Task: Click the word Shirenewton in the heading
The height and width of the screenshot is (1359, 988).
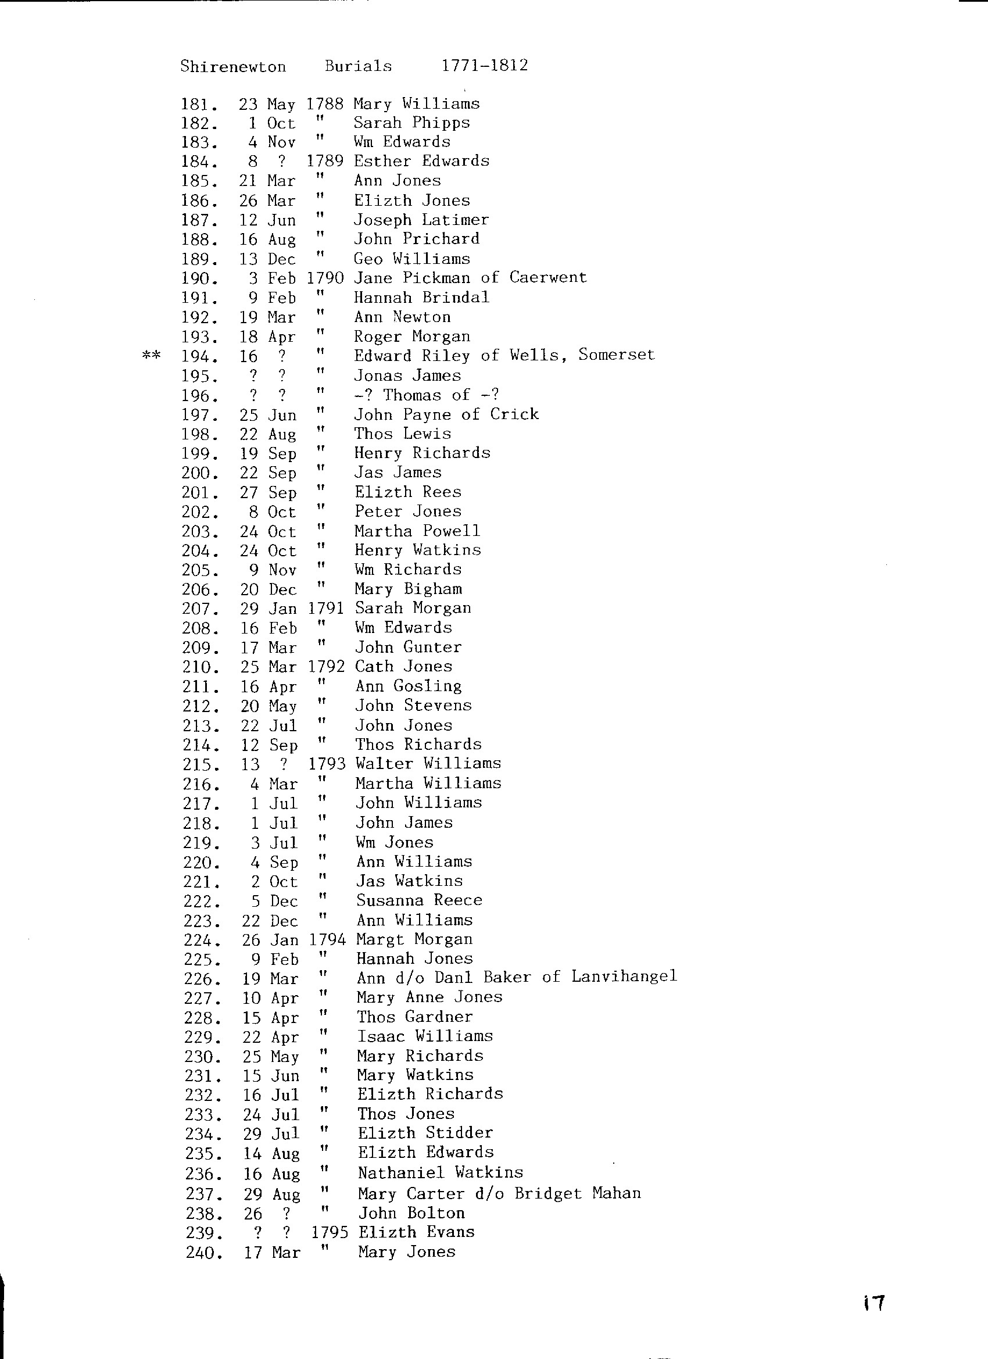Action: (x=233, y=66)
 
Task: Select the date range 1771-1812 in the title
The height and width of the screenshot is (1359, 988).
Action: (x=485, y=65)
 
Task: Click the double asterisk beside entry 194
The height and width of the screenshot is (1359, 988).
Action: (x=151, y=355)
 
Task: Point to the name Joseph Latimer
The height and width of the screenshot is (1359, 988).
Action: (x=421, y=220)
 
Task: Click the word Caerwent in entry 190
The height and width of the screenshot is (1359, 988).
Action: (x=548, y=277)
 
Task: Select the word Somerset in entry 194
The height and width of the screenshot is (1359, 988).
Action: (x=617, y=355)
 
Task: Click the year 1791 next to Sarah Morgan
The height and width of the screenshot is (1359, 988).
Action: (x=326, y=608)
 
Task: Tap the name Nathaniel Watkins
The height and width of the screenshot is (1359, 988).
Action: (x=441, y=1172)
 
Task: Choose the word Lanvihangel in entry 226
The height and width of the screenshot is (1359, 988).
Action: (x=624, y=977)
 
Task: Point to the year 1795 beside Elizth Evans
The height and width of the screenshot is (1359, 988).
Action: (x=330, y=1232)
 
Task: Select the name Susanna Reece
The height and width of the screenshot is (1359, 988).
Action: (x=420, y=900)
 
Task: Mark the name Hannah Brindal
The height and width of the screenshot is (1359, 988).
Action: (x=421, y=297)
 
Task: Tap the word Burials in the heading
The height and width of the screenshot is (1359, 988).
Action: (x=358, y=66)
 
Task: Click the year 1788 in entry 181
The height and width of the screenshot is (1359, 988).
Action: (x=325, y=103)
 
